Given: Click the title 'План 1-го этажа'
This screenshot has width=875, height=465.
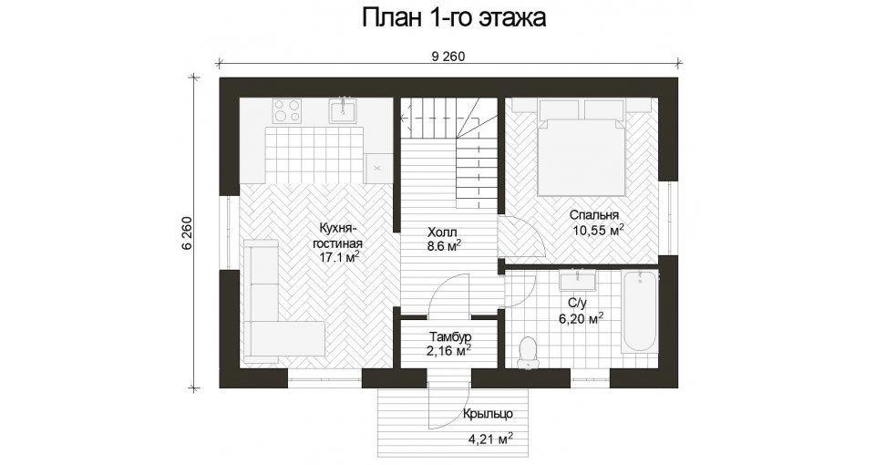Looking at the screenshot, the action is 454,18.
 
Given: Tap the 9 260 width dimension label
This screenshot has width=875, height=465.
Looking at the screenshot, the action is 448,57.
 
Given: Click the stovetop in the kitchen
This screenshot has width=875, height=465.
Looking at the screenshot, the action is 287,110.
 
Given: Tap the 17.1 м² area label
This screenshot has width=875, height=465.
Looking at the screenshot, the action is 339,257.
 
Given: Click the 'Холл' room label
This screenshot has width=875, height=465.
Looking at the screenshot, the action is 442,232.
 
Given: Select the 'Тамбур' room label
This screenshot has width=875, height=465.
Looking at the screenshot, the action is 450,337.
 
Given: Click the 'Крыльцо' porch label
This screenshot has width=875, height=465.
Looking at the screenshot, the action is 487,414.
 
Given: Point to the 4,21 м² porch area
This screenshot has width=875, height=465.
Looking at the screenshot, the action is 490,439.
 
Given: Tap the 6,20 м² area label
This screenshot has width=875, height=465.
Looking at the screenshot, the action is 582,319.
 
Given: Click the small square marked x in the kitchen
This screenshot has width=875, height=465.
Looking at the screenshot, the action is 377,168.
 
